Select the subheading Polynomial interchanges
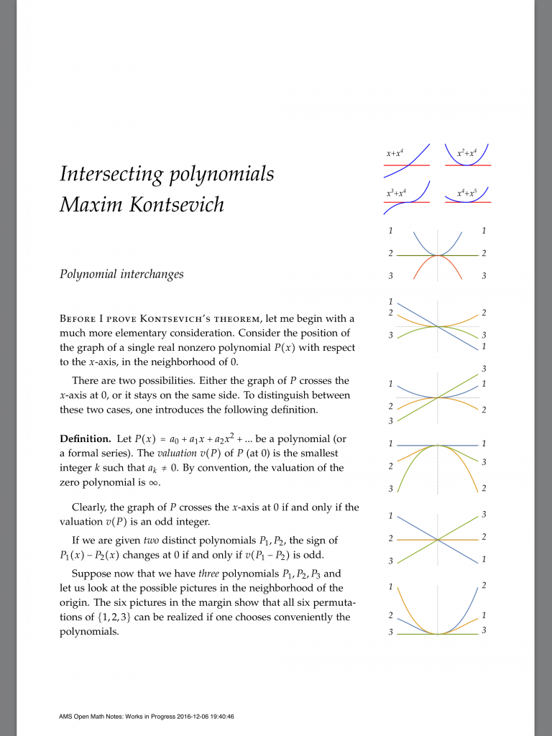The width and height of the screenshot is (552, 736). click(121, 274)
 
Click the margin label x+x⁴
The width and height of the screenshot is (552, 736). click(395, 154)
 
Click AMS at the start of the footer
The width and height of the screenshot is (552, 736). click(67, 716)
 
